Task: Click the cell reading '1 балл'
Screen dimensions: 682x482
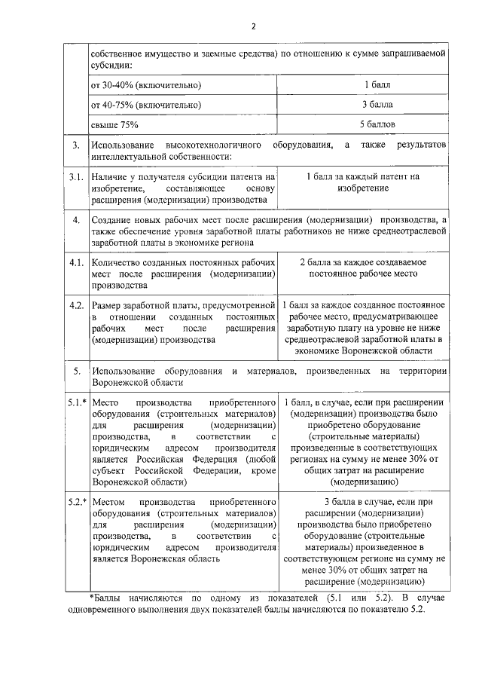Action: [377, 84]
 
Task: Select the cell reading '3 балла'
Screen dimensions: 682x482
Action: [377, 104]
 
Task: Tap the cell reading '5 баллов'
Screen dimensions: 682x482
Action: [377, 124]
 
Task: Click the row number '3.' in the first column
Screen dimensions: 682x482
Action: [75, 144]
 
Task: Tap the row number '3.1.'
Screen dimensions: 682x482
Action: [75, 177]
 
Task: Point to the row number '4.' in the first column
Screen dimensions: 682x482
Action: [75, 220]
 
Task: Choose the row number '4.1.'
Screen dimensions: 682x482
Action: [75, 262]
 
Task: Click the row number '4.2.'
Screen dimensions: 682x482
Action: [75, 305]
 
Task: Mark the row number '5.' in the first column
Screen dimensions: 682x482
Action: [75, 371]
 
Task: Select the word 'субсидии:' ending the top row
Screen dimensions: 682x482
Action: [111, 65]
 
